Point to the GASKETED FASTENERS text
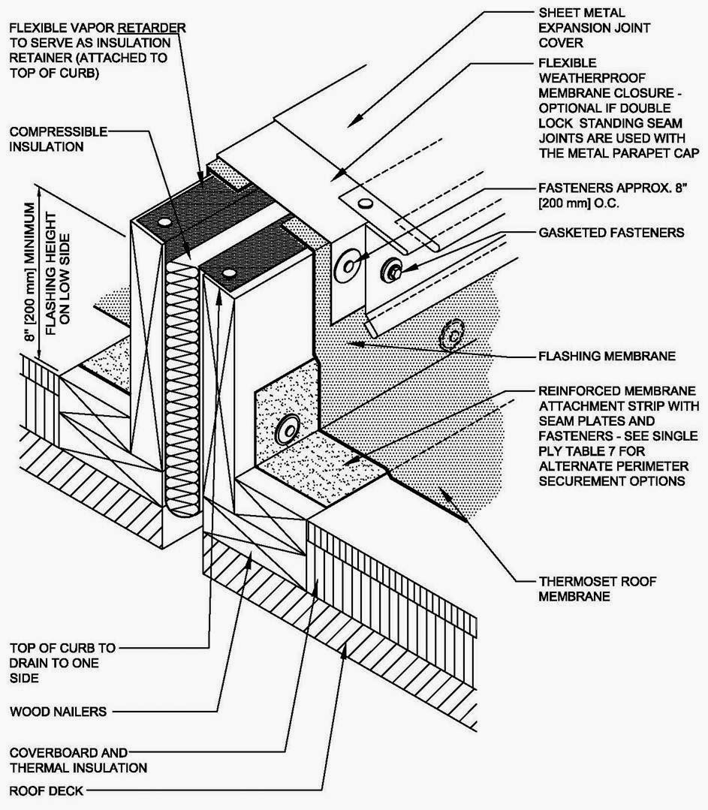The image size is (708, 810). click(x=611, y=233)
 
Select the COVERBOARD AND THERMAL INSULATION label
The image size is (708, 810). click(x=78, y=759)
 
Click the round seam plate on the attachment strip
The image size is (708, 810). click(x=288, y=431)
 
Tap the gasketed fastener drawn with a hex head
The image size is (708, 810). click(x=393, y=269)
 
